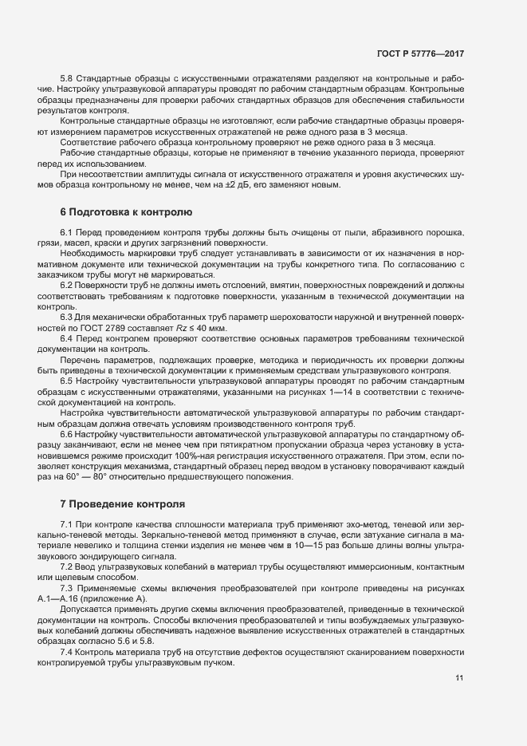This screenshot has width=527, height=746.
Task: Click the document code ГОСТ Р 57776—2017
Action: point(419,53)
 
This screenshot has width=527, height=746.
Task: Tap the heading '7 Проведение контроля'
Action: point(123,504)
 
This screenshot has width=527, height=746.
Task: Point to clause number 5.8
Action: point(68,79)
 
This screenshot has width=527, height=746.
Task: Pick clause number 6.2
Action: point(68,285)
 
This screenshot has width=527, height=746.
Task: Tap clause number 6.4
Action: point(68,338)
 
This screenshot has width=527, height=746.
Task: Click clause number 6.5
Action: point(68,381)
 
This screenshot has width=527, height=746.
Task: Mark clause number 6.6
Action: point(68,434)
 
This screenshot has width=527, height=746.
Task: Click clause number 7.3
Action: point(68,587)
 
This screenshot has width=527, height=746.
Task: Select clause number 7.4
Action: point(68,651)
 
